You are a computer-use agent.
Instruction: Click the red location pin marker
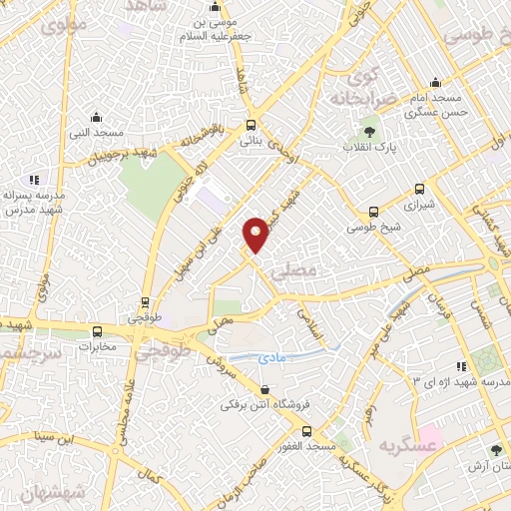[x=256, y=233]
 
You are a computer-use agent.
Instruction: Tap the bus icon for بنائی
[x=251, y=126]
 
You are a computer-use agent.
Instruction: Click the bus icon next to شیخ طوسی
[x=373, y=211]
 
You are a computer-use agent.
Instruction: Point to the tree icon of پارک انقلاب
[x=369, y=132]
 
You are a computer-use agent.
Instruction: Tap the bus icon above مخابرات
[x=97, y=331]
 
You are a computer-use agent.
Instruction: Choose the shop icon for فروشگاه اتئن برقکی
[x=264, y=390]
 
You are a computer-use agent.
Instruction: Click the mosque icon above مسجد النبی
[x=96, y=117]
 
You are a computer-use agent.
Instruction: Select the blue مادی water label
[x=272, y=355]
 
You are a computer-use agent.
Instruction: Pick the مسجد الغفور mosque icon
[x=305, y=432]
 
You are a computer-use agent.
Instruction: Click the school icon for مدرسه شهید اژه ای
[x=460, y=366]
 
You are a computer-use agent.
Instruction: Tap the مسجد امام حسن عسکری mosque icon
[x=435, y=83]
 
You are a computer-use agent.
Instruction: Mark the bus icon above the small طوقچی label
[x=146, y=301]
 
